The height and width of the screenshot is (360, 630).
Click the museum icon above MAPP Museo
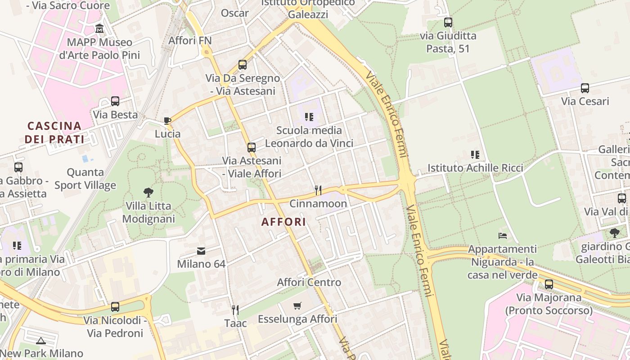coord(99,29)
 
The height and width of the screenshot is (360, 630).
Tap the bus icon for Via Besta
coord(115,101)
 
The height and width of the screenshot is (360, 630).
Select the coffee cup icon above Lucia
coord(167,121)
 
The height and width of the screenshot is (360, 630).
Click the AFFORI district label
coord(283,221)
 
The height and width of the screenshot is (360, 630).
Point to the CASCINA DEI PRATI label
coord(54,132)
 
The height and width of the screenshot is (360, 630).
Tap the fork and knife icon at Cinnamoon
coord(318,190)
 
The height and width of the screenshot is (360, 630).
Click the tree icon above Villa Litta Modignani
coord(148,193)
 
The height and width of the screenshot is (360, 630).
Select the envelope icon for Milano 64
coord(201,251)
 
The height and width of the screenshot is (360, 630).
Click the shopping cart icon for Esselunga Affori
coord(297,306)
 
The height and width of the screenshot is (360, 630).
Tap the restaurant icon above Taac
coord(235,310)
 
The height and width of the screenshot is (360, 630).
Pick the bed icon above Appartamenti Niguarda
coord(502,235)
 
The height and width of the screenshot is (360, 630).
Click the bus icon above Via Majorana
coord(549,284)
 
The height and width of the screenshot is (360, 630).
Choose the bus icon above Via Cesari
coord(585,88)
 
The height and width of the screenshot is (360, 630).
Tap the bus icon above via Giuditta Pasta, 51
coord(448,22)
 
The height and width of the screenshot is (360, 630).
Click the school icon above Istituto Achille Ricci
coord(475,155)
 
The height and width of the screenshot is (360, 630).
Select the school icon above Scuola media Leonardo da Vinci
coord(309,117)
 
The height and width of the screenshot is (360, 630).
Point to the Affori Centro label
coord(309,283)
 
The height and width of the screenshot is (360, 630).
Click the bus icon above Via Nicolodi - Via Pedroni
coord(115,307)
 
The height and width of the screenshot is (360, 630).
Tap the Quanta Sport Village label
coord(85,179)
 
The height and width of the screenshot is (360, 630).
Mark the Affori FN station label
coord(190,40)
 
